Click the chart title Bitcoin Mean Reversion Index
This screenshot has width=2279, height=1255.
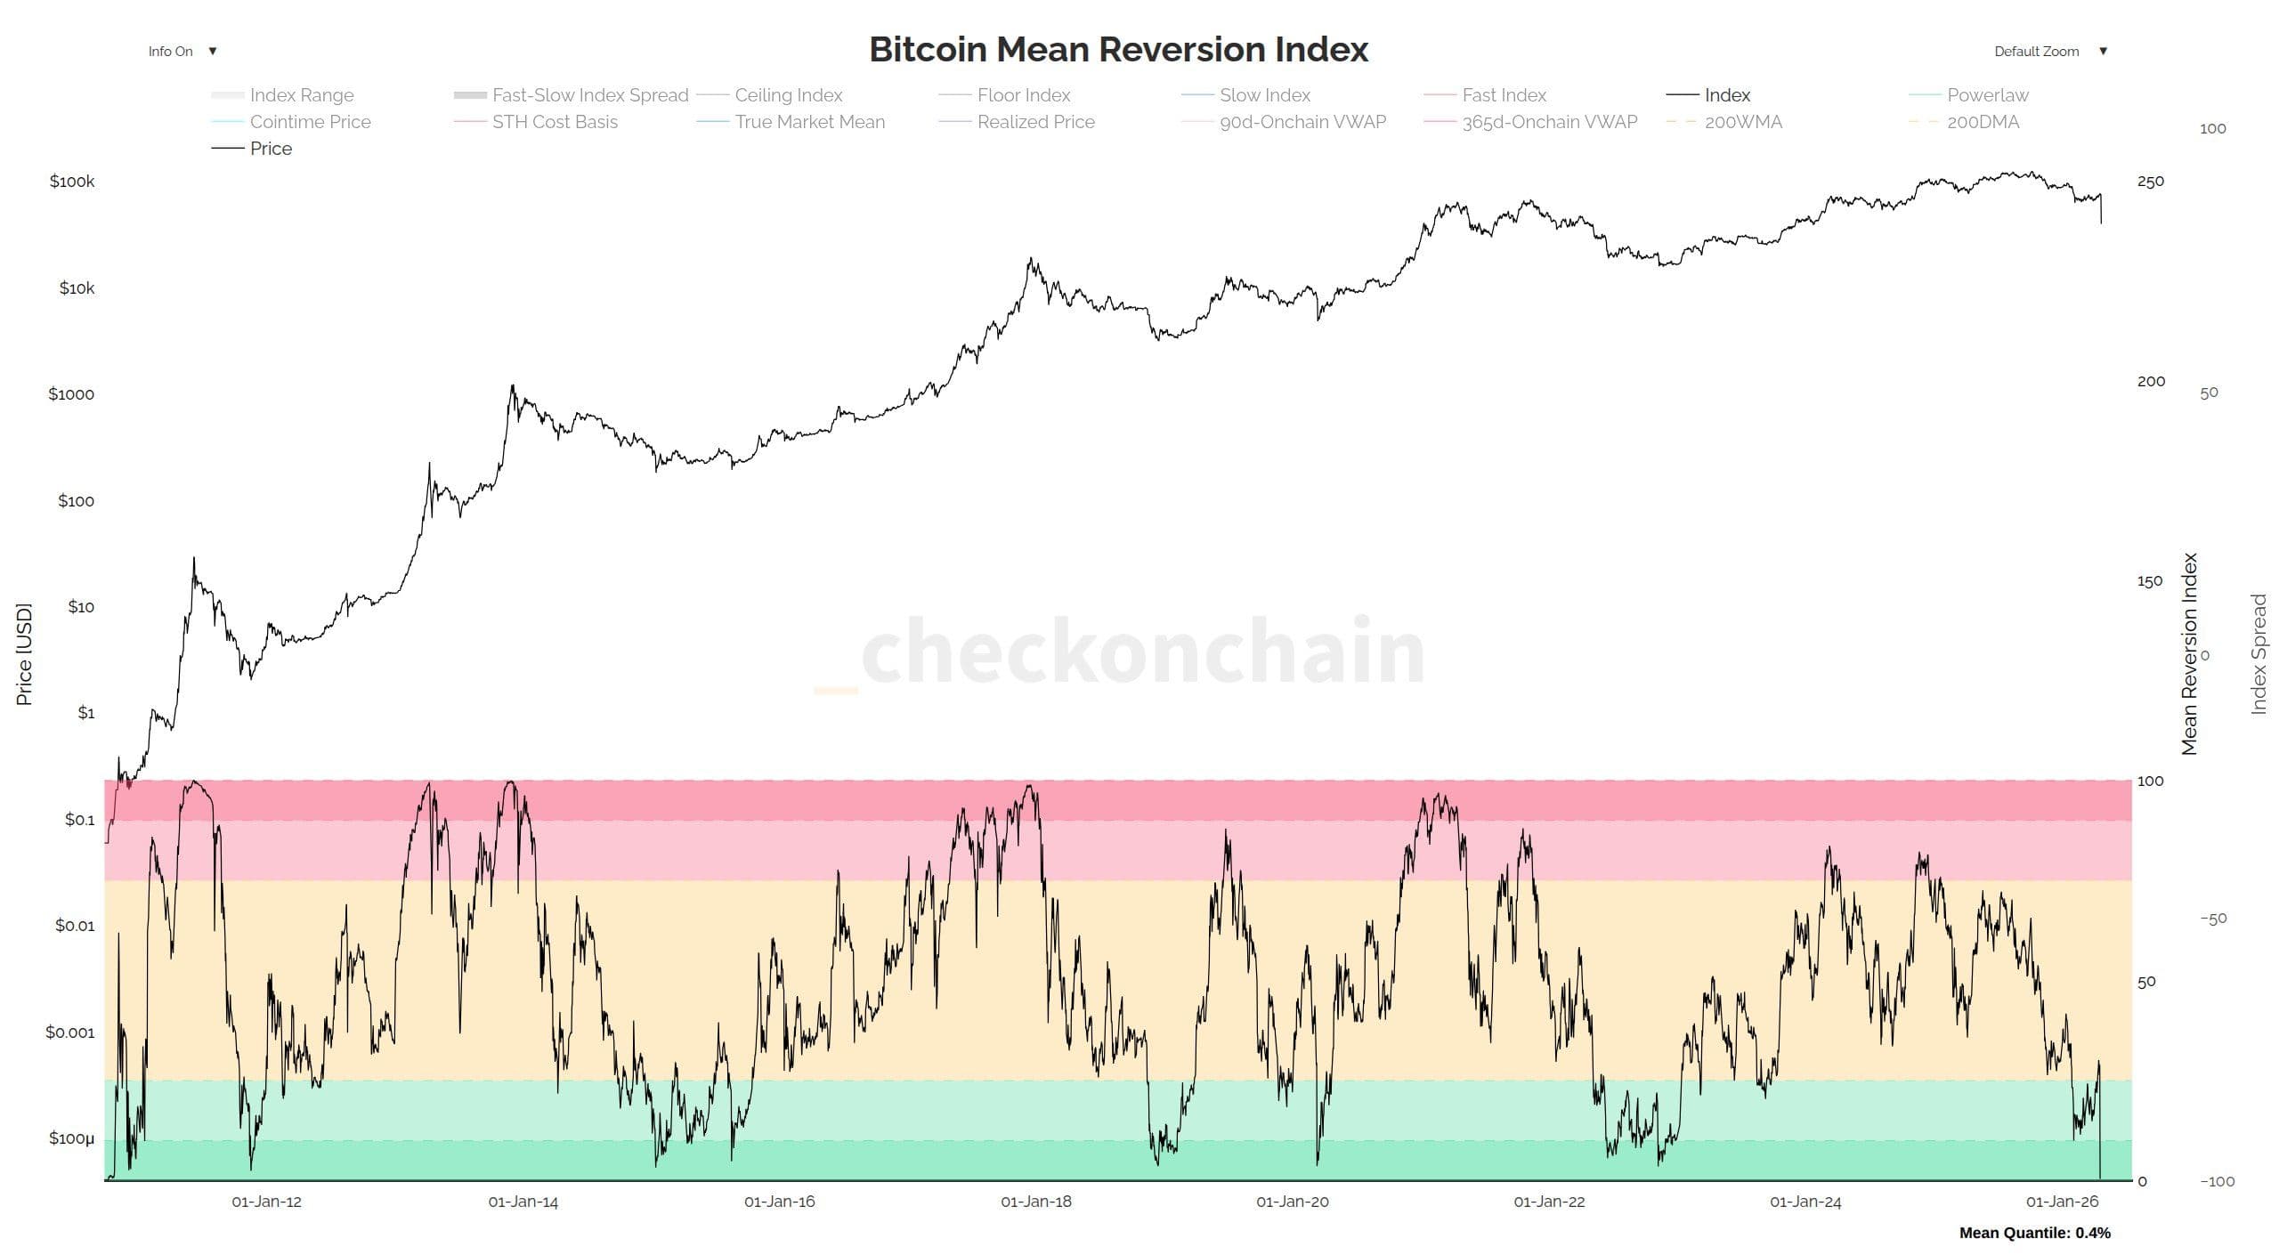(x=1118, y=50)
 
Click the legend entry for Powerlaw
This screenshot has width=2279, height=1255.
(x=1987, y=95)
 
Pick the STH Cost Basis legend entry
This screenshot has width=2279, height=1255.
(x=555, y=122)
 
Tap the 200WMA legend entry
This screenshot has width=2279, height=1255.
(x=1742, y=122)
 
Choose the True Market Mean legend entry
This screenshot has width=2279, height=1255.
(x=809, y=122)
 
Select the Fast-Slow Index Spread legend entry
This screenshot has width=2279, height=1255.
(x=590, y=95)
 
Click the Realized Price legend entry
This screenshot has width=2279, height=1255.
(x=1035, y=122)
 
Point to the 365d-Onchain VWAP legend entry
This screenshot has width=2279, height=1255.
(x=1549, y=122)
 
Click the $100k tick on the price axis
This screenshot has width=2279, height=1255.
(x=72, y=182)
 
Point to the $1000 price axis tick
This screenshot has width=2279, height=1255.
(x=71, y=394)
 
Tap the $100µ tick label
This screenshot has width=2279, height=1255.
(x=71, y=1138)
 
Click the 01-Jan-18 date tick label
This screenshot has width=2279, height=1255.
(x=1036, y=1202)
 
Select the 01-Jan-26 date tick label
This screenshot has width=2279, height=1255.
(x=2062, y=1202)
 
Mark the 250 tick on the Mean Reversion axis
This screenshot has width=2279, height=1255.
(x=2150, y=182)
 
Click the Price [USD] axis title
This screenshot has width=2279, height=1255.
(x=24, y=654)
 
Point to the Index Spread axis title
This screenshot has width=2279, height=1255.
(x=2259, y=654)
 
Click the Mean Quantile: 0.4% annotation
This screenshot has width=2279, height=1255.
(x=2034, y=1233)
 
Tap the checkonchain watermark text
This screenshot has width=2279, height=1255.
(x=1141, y=652)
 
